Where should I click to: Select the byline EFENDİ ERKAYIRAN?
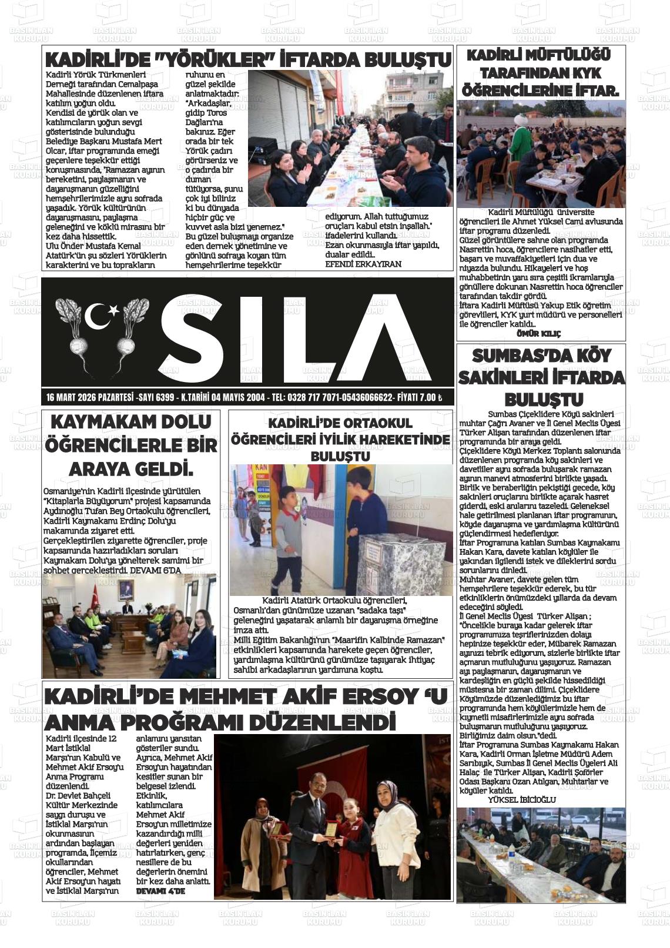point(363,264)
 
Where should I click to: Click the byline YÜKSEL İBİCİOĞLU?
point(521,799)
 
